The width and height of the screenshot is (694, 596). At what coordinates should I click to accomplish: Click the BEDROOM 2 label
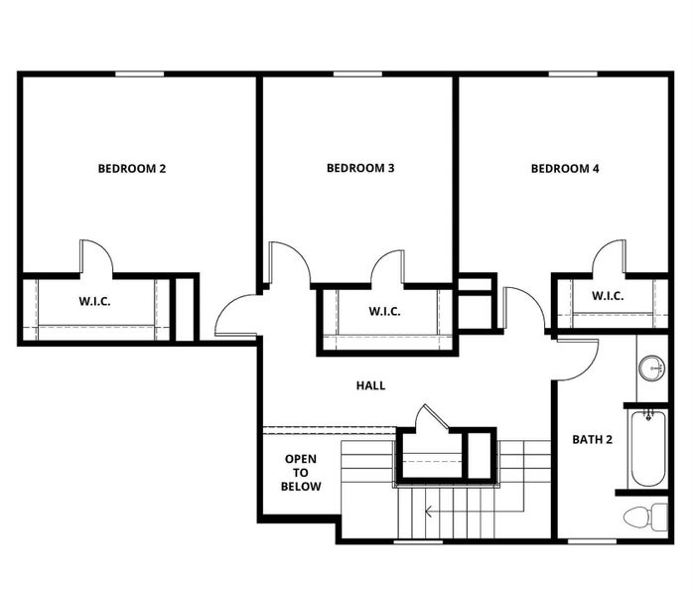click(131, 169)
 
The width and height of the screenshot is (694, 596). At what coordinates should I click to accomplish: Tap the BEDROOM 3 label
click(360, 169)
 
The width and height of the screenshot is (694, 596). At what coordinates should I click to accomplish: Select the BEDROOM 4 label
click(565, 169)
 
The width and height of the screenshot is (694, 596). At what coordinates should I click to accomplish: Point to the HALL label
click(370, 385)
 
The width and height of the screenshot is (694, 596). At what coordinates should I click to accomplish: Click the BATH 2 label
click(593, 439)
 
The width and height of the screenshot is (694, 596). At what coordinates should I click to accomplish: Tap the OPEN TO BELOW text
click(301, 473)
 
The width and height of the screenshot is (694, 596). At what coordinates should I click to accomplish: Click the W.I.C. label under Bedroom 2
click(95, 302)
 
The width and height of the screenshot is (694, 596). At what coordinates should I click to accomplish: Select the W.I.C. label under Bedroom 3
click(384, 312)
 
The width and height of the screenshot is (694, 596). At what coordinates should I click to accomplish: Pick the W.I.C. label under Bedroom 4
click(607, 295)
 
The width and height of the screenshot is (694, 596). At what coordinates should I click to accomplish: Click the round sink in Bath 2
click(651, 368)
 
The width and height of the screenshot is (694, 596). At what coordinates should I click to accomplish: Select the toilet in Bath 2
click(647, 517)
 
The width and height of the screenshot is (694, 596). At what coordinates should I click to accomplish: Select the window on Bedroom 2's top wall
click(139, 74)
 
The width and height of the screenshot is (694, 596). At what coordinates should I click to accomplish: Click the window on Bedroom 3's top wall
click(358, 74)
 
